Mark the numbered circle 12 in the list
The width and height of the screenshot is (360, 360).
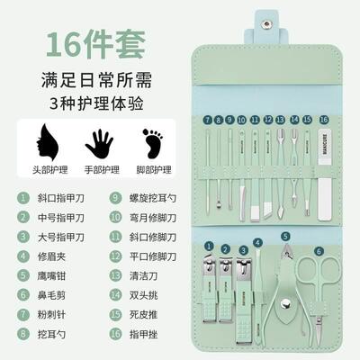coord(115,256)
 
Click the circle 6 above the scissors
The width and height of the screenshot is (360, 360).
coord(318,251)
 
